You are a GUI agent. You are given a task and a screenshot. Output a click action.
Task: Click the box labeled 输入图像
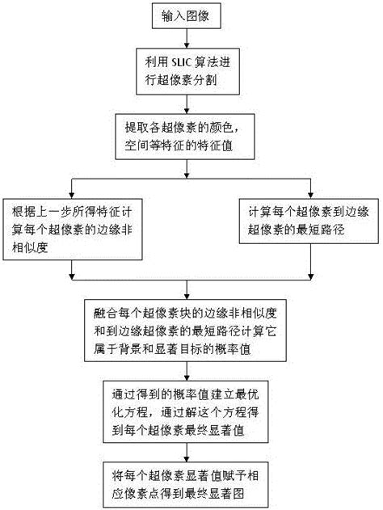pos(187,17)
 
